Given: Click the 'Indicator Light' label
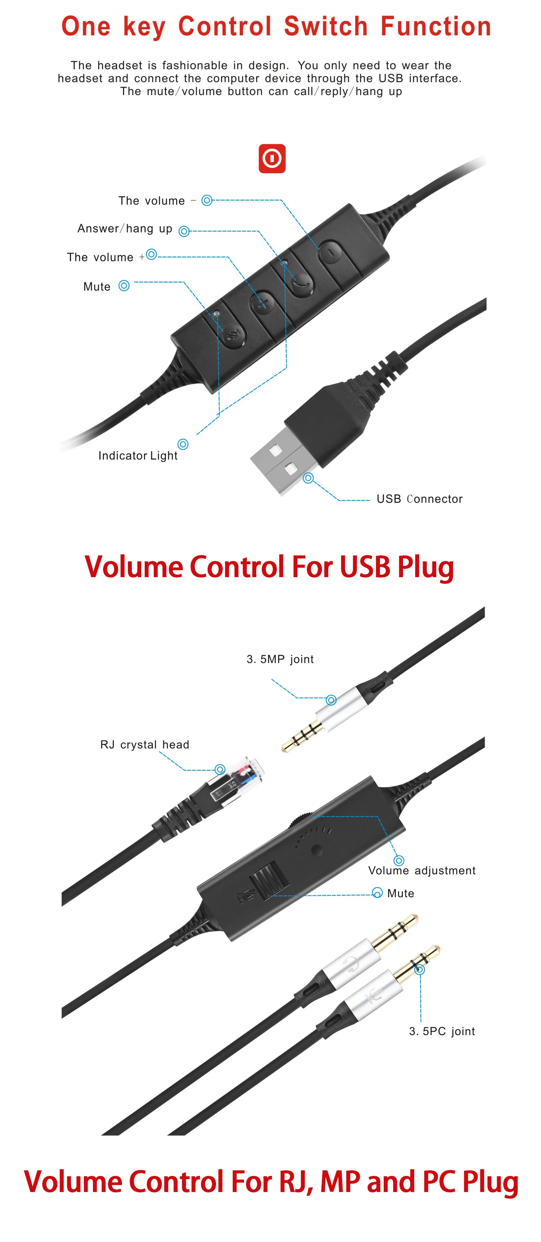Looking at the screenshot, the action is pyautogui.click(x=138, y=455).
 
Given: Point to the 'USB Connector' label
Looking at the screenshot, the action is pyautogui.click(x=419, y=499).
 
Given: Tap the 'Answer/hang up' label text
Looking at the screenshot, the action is pyautogui.click(x=125, y=229).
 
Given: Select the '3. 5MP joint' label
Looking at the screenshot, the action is pyautogui.click(x=280, y=659).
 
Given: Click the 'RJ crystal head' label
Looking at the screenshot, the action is pyautogui.click(x=145, y=745).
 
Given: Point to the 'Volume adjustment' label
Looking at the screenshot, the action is pyautogui.click(x=421, y=870).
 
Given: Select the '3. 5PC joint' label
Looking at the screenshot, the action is pyautogui.click(x=442, y=1031).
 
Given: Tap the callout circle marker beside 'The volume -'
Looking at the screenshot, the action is pyautogui.click(x=207, y=200).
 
